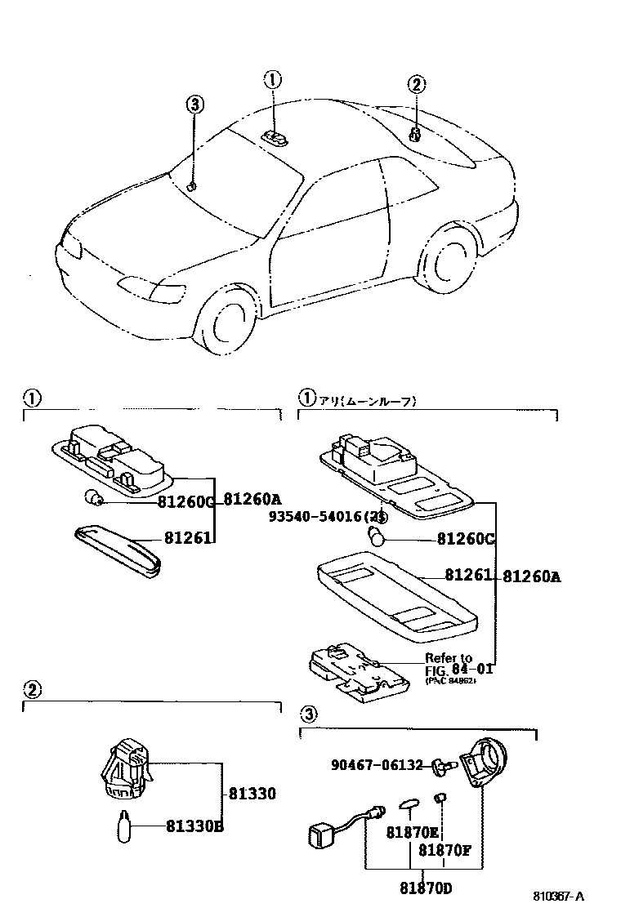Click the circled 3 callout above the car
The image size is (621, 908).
point(194,105)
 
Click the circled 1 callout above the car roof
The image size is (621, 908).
point(272,79)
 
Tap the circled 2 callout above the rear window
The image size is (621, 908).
point(416,84)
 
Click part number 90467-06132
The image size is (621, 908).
point(377,765)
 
